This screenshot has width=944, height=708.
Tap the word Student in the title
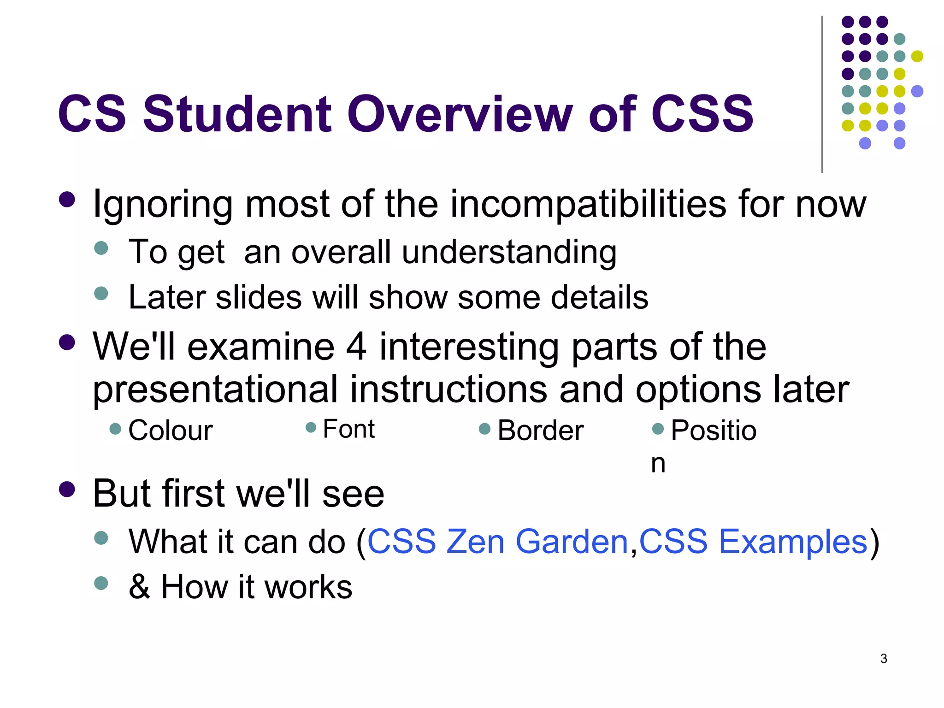click(x=237, y=114)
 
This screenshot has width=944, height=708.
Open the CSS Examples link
click(x=753, y=542)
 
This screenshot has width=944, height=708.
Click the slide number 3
click(x=884, y=659)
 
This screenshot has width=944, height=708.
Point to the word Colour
click(x=171, y=431)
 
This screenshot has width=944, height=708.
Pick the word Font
click(x=349, y=429)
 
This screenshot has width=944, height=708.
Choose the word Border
click(x=541, y=431)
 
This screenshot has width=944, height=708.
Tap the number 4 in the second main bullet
click(x=356, y=347)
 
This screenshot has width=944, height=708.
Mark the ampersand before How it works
click(x=139, y=587)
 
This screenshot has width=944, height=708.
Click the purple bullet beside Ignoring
click(x=67, y=200)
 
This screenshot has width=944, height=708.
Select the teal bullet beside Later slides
click(x=101, y=294)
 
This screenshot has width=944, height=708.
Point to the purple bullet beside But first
click(x=67, y=490)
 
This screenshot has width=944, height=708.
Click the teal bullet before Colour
click(x=115, y=429)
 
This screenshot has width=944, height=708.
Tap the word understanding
click(x=509, y=253)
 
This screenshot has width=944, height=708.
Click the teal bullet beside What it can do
click(x=101, y=538)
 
